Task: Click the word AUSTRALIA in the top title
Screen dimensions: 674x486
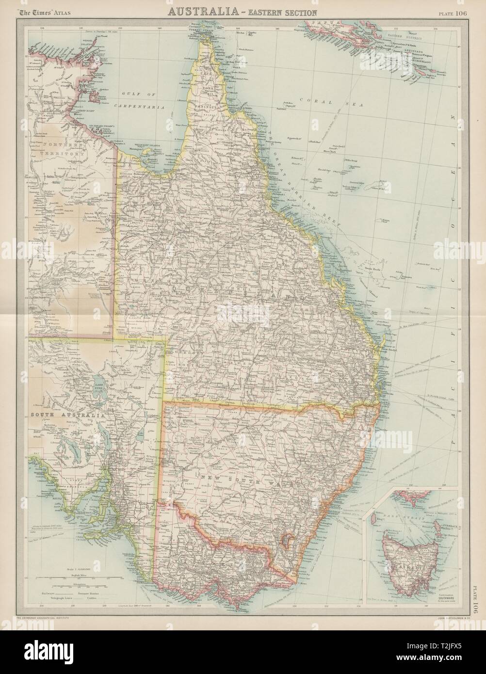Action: point(199,12)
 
